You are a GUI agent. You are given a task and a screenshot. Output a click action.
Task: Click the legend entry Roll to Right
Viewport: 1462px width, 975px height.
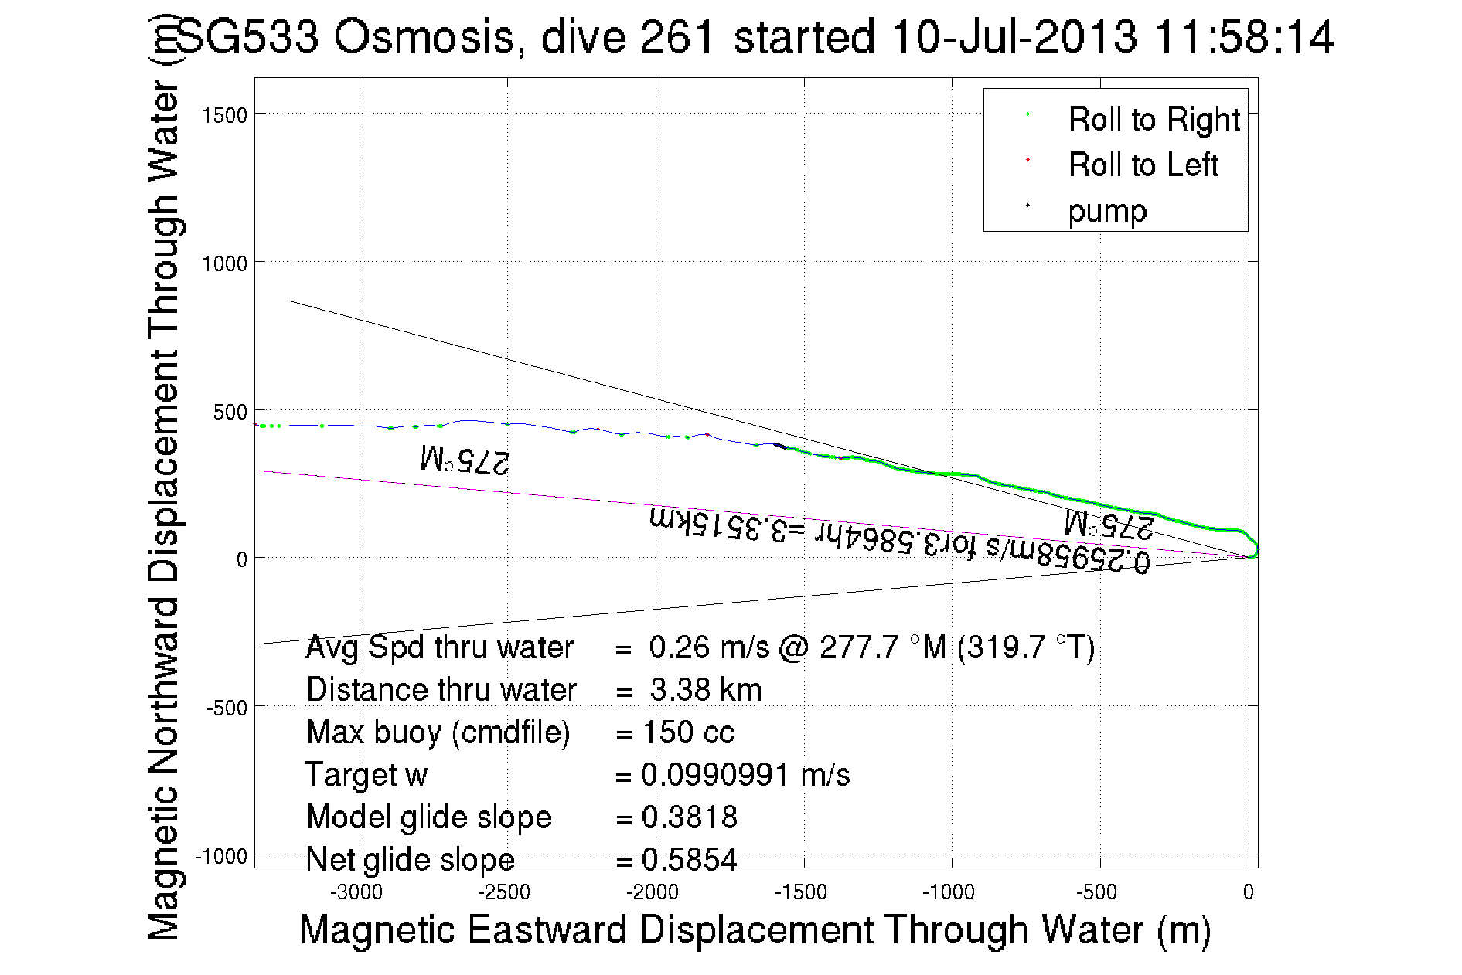[1153, 120]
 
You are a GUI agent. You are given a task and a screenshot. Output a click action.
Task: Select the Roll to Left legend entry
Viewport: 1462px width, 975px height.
[1143, 165]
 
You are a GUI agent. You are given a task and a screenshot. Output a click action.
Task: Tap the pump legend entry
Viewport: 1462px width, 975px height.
[1107, 211]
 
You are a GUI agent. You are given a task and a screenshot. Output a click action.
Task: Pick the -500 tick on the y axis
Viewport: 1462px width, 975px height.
[227, 708]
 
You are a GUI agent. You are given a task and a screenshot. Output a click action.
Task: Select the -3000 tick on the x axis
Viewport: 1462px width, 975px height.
[356, 893]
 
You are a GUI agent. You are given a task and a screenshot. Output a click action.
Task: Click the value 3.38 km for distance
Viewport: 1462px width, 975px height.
[706, 690]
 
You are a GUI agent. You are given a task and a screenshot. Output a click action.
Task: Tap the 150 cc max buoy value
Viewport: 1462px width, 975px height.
[688, 732]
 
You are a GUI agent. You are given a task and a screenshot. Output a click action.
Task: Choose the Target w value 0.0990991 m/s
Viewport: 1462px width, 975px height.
[745, 775]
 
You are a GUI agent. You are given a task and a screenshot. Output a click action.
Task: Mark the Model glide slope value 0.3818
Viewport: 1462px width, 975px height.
[690, 817]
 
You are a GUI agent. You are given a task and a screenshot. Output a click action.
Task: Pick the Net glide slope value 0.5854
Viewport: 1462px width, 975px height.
[690, 860]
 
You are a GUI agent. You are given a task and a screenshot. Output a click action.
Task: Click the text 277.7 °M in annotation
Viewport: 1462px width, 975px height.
[883, 647]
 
